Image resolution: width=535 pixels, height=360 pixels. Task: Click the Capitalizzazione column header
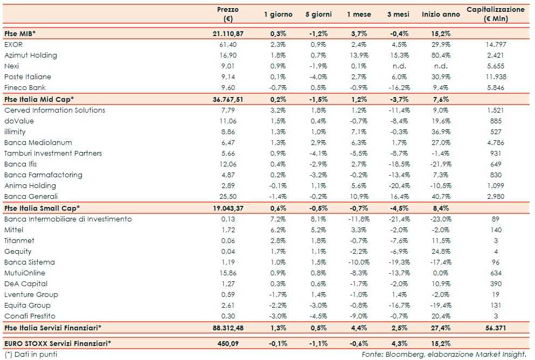pyautogui.click(x=495, y=14)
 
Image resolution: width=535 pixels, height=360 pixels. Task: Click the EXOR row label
pyautogui.click(x=13, y=44)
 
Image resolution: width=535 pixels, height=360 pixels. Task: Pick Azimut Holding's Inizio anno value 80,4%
pyautogui.click(x=441, y=55)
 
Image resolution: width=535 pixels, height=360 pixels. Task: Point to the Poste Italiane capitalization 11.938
pyautogui.click(x=496, y=77)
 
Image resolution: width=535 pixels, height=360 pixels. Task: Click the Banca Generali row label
pyautogui.click(x=31, y=196)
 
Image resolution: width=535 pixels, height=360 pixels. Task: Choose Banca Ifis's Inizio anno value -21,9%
pyautogui.click(x=440, y=164)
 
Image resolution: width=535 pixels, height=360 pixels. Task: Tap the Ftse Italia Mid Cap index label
pyautogui.click(x=39, y=99)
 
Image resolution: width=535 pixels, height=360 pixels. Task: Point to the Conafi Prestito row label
pyautogui.click(x=30, y=316)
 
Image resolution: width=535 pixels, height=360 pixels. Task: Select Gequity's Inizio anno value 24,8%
pyautogui.click(x=441, y=251)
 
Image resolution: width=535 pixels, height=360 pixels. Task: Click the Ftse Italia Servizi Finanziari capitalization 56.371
pyautogui.click(x=496, y=327)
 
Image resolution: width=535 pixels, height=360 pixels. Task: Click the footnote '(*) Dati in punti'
pyautogui.click(x=30, y=354)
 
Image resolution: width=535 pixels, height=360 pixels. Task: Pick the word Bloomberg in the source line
pyautogui.click(x=405, y=354)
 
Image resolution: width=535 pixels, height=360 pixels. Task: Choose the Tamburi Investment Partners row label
pyautogui.click(x=53, y=153)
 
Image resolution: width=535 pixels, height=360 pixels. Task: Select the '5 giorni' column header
pyautogui.click(x=318, y=15)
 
